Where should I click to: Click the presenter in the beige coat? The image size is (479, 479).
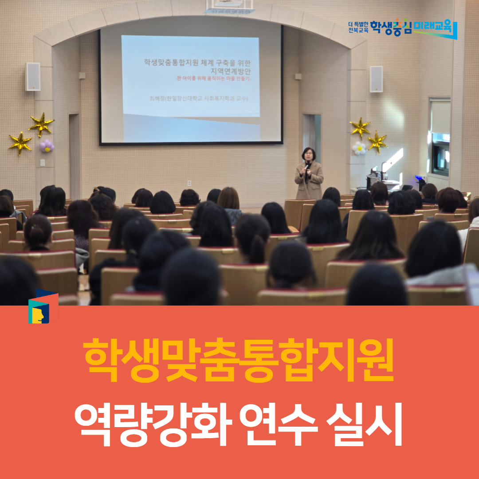(309, 174)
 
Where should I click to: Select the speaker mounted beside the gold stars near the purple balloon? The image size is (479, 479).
(33, 77)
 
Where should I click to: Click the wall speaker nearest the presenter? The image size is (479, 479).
(376, 79)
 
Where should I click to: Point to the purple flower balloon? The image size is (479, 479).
(47, 145)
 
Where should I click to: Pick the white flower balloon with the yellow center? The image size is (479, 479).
(359, 148)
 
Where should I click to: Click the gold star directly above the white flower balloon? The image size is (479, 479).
(360, 128)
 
